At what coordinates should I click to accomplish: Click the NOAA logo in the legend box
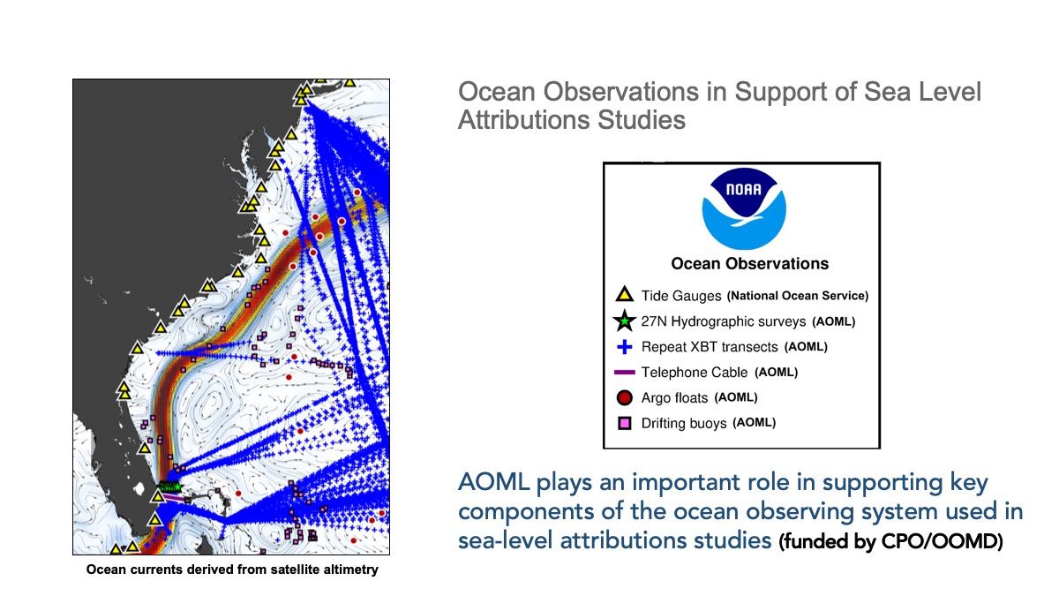pyautogui.click(x=744, y=208)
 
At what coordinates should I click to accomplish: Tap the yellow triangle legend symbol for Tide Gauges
pyautogui.click(x=624, y=294)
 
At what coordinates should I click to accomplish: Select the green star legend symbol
pyautogui.click(x=624, y=321)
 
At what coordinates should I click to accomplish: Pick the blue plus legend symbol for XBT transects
pyautogui.click(x=625, y=347)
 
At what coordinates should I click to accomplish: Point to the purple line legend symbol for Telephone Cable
pyautogui.click(x=624, y=373)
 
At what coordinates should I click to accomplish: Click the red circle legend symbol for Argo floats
pyautogui.click(x=625, y=398)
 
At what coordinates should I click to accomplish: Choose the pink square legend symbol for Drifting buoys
pyautogui.click(x=625, y=423)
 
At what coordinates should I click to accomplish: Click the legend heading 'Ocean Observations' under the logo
pyautogui.click(x=750, y=263)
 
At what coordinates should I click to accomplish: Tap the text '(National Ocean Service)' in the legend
pyautogui.click(x=798, y=296)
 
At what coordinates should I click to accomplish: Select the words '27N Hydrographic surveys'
pyautogui.click(x=724, y=321)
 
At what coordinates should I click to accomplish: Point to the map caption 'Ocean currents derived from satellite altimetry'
pyautogui.click(x=231, y=570)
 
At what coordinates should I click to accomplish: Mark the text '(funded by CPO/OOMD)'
pyautogui.click(x=890, y=541)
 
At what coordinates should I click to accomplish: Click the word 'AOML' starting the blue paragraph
pyautogui.click(x=493, y=482)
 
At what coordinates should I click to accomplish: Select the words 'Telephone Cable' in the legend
pyautogui.click(x=695, y=373)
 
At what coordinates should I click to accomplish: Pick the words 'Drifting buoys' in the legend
pyautogui.click(x=684, y=423)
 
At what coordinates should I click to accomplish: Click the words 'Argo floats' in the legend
pyautogui.click(x=674, y=398)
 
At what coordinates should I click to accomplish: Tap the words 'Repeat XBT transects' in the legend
pyautogui.click(x=710, y=347)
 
